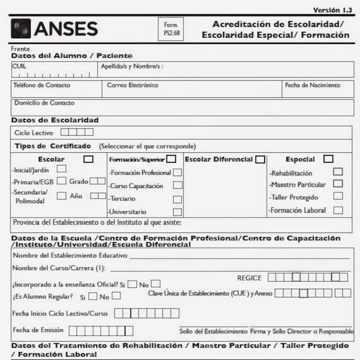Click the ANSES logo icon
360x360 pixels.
(21, 28)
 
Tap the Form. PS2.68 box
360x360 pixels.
(171, 29)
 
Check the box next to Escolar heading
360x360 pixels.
(89, 159)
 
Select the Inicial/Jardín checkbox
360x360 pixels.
(62, 169)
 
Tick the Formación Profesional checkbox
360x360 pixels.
(178, 172)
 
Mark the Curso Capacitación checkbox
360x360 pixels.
(178, 185)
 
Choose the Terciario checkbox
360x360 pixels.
(178, 199)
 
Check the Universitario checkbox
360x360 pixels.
(178, 212)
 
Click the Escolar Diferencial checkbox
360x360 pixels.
(260, 159)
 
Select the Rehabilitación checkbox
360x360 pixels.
(338, 172)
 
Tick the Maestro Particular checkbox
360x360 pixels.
(338, 184)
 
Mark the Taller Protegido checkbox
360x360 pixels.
(338, 196)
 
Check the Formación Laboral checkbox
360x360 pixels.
(338, 210)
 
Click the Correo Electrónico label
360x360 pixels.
(133, 85)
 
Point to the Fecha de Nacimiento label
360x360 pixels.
(313, 85)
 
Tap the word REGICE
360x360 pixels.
(249, 278)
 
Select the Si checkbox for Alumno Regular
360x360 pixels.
(93, 296)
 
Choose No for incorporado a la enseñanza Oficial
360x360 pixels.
(156, 284)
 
